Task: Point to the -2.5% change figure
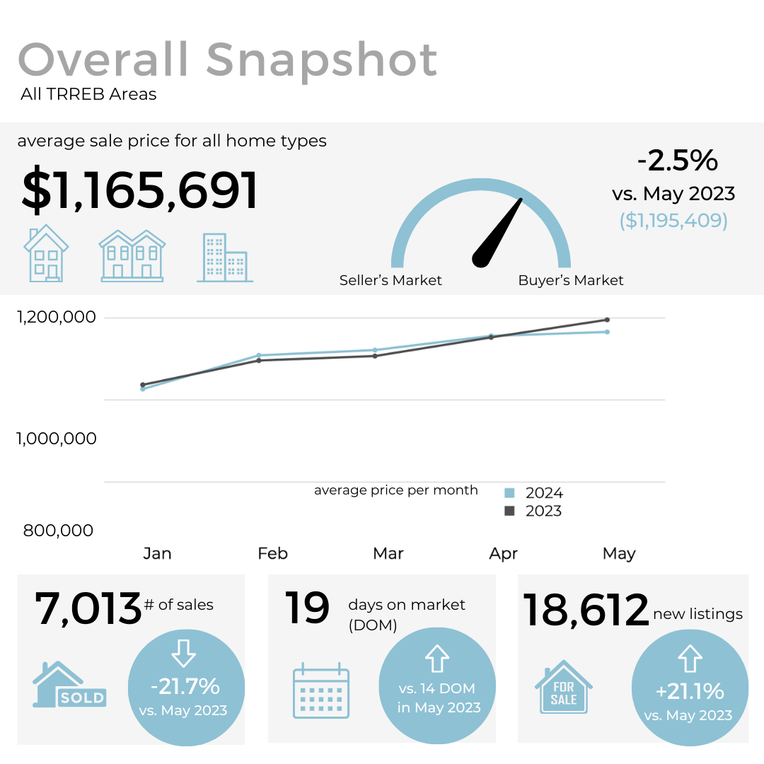coord(677,161)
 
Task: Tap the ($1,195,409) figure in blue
coord(673,221)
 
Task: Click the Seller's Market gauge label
coord(390,280)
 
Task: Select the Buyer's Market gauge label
coord(571,280)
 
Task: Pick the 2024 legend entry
coord(535,493)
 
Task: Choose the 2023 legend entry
coord(535,511)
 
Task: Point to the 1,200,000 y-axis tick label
coord(56,317)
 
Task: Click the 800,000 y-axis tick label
coord(58,530)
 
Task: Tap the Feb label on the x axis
coord(272,553)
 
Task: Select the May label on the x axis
coord(619,553)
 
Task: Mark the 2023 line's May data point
coord(607,320)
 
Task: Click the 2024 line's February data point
coord(259,355)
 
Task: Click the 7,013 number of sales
coord(88,608)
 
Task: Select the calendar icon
coord(321,690)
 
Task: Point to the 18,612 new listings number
coord(586,610)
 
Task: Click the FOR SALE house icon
coord(564,686)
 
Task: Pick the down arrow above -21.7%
coord(184,653)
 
